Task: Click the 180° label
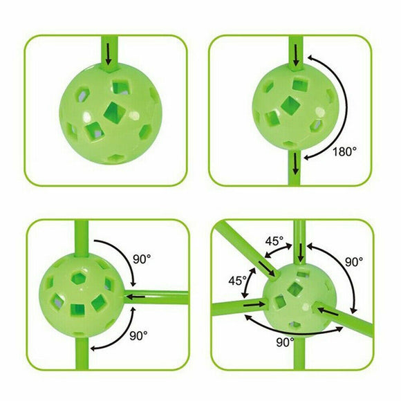click(344, 151)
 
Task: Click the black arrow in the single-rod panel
click(109, 54)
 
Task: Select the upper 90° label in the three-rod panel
click(142, 259)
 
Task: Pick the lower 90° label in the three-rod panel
click(138, 336)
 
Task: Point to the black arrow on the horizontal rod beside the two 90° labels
click(136, 297)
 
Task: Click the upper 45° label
click(274, 241)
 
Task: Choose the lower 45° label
click(238, 281)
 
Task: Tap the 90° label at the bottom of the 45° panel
click(286, 342)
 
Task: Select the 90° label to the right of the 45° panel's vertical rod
click(354, 262)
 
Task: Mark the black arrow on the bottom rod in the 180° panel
click(296, 163)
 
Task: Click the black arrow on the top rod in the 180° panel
click(296, 55)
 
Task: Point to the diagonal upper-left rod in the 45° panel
click(246, 250)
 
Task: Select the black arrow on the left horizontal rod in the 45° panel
click(254, 305)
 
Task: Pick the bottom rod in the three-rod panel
click(82, 353)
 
